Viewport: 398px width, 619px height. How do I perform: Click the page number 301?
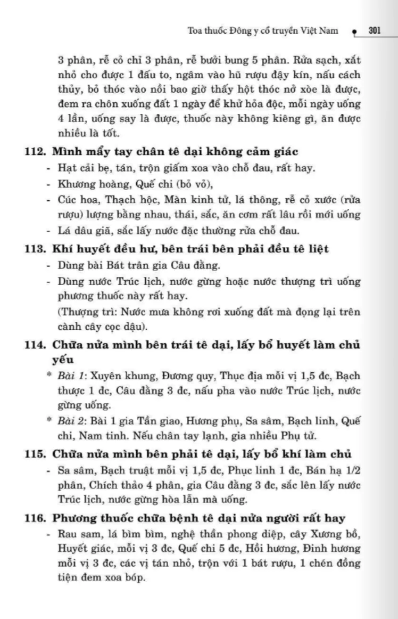374,30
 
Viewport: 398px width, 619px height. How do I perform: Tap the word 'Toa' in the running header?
196,31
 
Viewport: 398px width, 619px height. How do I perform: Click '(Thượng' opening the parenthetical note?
77,312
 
